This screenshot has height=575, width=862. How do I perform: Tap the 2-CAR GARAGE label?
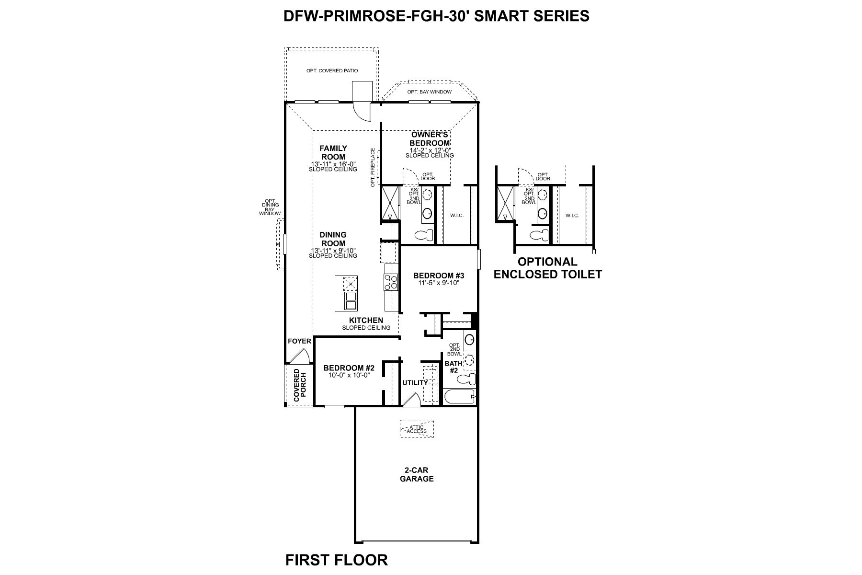coord(417,474)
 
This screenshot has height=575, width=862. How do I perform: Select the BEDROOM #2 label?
coord(349,368)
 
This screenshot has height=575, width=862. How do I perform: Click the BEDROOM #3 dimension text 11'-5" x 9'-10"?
coord(439,283)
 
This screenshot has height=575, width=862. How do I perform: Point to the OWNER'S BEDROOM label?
coord(430,139)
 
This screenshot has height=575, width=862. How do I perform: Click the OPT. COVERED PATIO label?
coord(332,71)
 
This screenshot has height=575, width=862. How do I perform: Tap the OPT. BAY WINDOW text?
coord(429,92)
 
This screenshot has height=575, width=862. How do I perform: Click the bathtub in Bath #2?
coord(459,397)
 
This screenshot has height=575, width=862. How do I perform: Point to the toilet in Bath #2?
coord(465,380)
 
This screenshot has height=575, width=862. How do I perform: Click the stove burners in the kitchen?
coord(391,282)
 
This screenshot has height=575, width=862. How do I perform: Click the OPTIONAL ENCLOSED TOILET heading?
coord(547,268)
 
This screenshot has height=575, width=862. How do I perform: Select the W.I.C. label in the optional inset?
coord(572,216)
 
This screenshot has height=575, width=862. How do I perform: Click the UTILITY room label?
coord(415,383)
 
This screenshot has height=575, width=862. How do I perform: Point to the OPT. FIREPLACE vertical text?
coord(373,167)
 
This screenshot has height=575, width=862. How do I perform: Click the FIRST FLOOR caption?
coord(336,560)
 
